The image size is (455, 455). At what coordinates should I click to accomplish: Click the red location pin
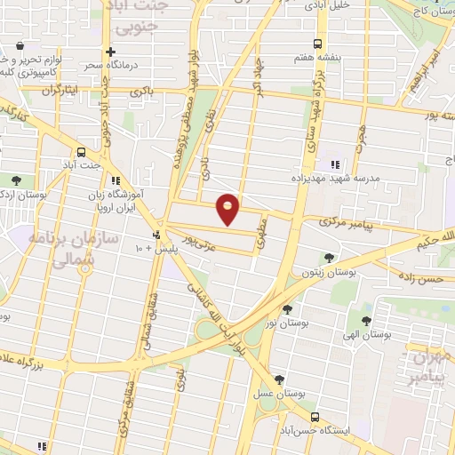228,208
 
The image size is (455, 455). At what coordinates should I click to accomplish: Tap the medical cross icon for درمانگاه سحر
109,52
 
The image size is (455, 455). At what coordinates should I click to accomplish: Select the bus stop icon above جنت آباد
81,151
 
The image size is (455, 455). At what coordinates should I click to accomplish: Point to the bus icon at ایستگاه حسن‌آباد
315,416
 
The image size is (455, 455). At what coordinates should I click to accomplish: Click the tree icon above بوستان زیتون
330,257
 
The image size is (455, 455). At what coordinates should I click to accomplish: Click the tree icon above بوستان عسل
280,379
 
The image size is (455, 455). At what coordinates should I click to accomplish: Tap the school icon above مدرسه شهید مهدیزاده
335,164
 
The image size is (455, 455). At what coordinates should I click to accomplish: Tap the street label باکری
142,92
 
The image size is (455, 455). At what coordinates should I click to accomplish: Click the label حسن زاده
419,280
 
